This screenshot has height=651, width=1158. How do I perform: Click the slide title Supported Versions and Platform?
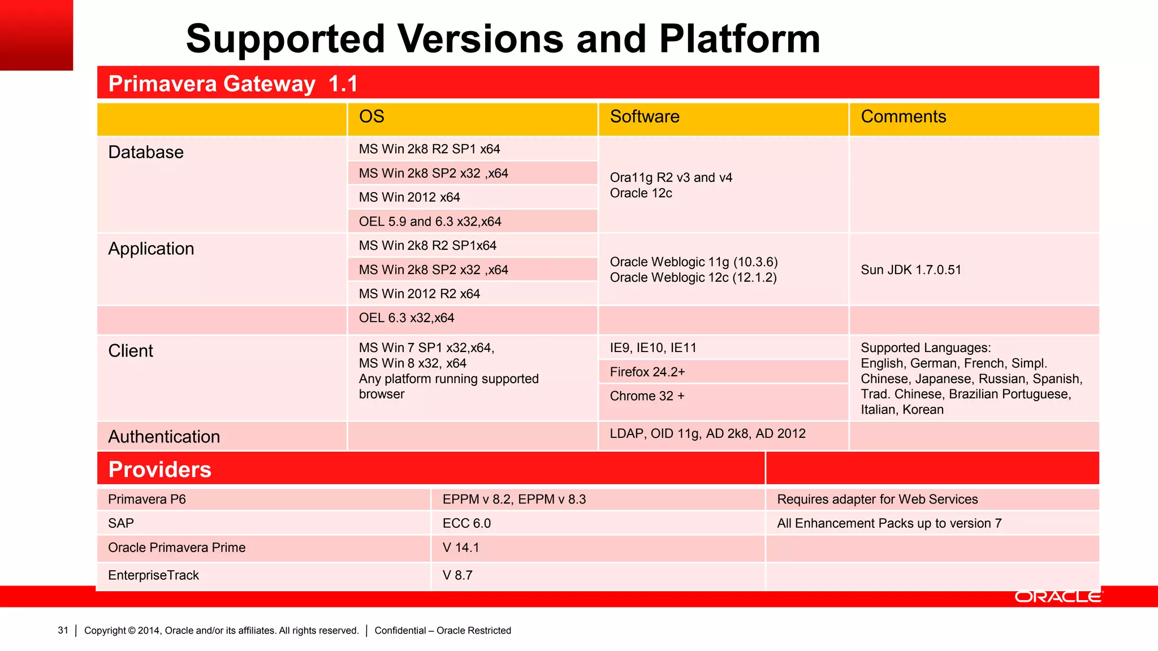pos(503,39)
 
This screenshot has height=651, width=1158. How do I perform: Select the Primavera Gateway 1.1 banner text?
pos(233,84)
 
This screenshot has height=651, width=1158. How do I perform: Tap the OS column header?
pos(371,116)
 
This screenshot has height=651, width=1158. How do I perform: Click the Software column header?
pos(645,116)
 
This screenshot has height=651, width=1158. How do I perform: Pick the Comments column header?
pos(903,116)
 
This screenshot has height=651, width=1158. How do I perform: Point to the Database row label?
pos(146,152)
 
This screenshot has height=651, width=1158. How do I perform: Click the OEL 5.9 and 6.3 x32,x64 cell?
pos(430,222)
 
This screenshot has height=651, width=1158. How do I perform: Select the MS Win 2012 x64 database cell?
pos(409,197)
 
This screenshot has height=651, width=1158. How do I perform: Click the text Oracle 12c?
pos(641,193)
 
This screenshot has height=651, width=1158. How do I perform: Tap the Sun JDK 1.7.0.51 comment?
pos(911,270)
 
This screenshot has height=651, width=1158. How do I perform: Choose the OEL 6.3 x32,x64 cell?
pos(406,318)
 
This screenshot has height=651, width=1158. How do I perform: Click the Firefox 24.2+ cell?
pos(647,372)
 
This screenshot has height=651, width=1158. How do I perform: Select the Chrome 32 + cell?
pos(647,396)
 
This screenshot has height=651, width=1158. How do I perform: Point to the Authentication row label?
pos(164,437)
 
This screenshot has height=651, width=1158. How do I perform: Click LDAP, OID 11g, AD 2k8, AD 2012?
pos(707,433)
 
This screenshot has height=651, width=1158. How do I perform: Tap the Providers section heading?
pos(159,470)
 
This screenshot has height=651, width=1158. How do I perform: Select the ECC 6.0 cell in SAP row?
pos(466,523)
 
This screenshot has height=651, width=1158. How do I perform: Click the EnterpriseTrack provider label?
pos(153,575)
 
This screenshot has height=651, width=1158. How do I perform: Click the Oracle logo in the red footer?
pos(1058,597)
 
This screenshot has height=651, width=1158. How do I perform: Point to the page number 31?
pos(63,630)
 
